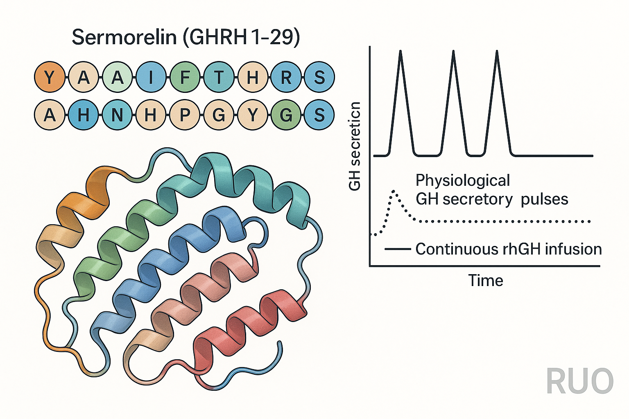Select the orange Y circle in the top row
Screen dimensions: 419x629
tap(50, 77)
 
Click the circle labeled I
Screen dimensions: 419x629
tap(151, 77)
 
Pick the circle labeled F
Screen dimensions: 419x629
tap(185, 77)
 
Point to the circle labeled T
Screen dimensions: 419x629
tap(219, 77)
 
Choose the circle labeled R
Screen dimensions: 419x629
tap(286, 77)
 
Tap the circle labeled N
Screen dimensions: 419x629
tap(118, 115)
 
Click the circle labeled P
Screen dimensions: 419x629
tap(185, 115)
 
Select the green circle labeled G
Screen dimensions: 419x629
tap(286, 115)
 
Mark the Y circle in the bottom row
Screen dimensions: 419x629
tap(253, 115)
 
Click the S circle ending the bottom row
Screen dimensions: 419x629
tap(319, 115)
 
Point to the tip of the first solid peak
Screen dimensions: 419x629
tap(400, 51)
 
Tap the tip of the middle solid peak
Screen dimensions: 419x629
tap(453, 51)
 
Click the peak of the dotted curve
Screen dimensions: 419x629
tap(394, 191)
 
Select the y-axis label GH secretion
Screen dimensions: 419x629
tap(355, 146)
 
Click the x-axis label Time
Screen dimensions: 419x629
tap(485, 281)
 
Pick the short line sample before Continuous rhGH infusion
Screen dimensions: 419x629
tap(398, 249)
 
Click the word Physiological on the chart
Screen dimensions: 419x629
tap(463, 180)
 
